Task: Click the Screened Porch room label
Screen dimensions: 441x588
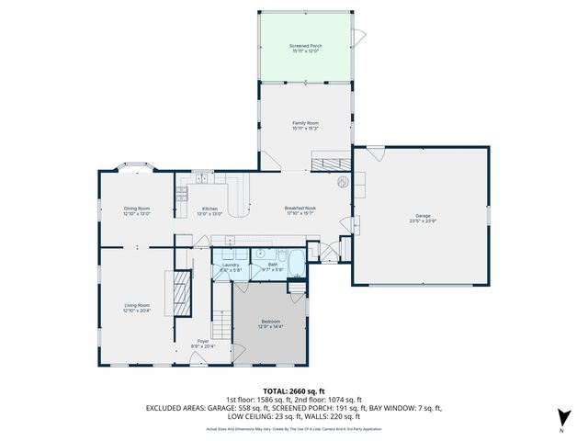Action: coord(305,47)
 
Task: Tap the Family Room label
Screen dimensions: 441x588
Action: coord(305,124)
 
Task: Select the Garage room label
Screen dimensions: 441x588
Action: coord(423,218)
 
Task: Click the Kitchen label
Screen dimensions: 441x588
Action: coord(210,210)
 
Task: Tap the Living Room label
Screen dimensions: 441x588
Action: coord(137,306)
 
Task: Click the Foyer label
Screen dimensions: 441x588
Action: coord(202,343)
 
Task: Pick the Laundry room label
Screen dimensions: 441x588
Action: coord(231,266)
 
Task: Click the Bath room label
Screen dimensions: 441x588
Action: coord(273,266)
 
